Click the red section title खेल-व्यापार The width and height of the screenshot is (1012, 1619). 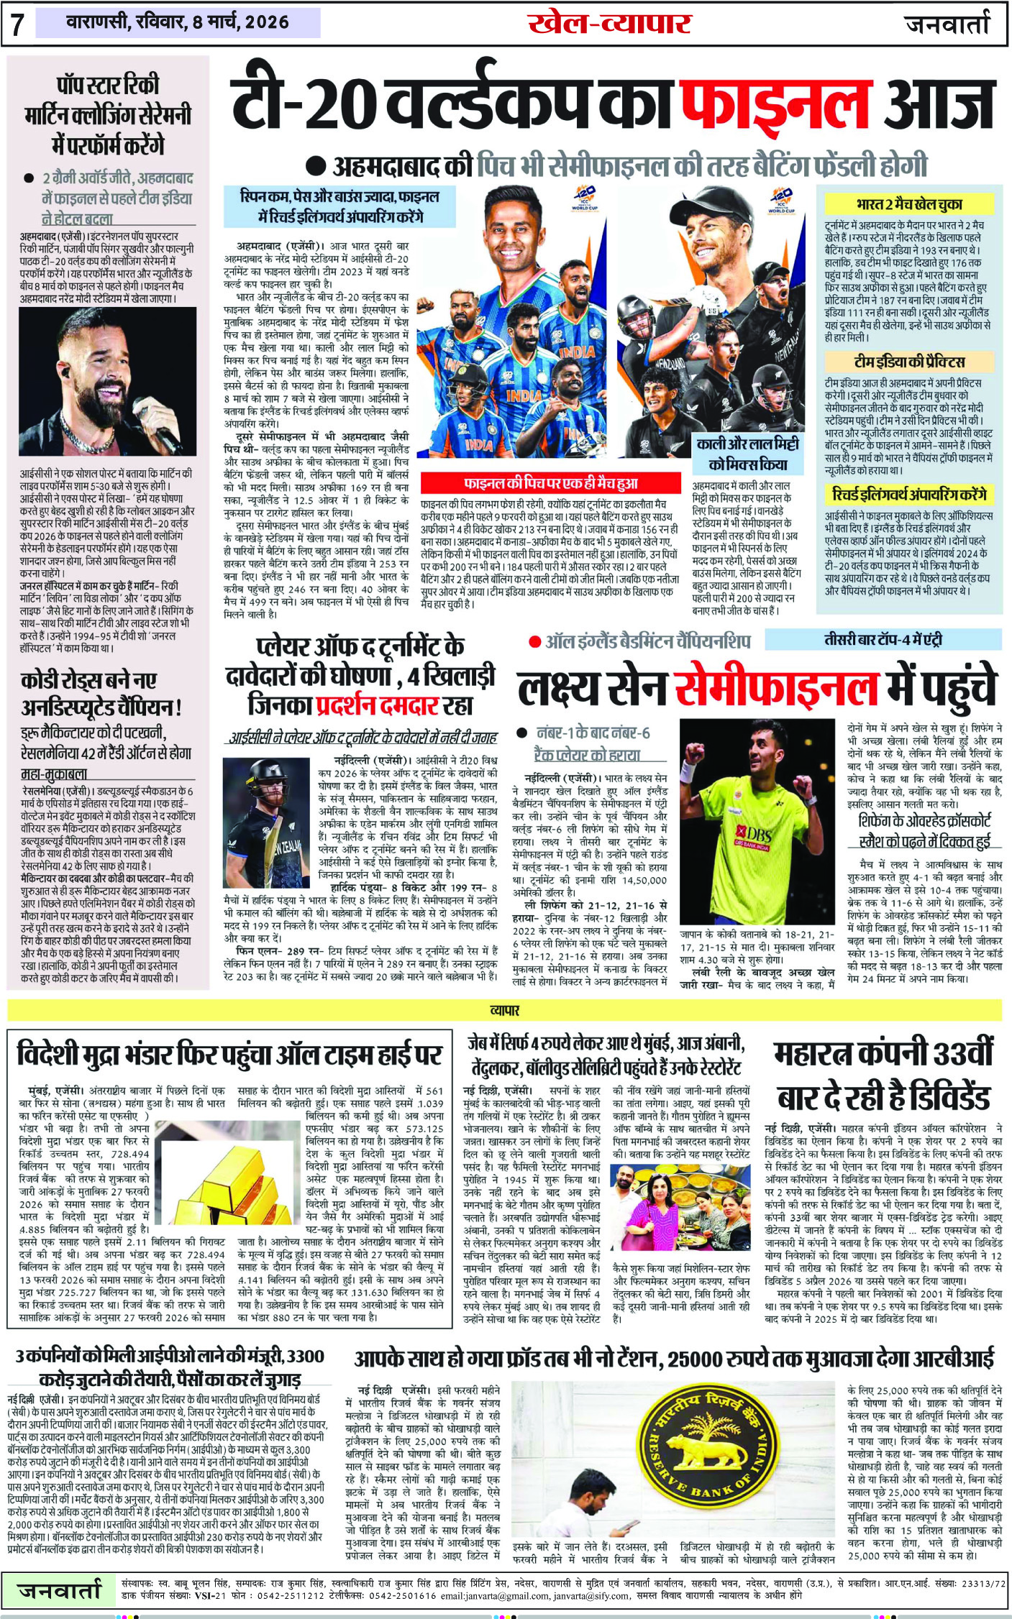coord(609,24)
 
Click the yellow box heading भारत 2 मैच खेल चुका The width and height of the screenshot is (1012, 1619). coord(909,204)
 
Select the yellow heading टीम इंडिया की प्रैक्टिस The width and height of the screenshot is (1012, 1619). coord(909,361)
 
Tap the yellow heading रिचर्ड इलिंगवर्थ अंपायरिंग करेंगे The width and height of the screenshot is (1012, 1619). coord(909,494)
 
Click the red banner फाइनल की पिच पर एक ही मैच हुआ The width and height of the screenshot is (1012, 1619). coord(550,482)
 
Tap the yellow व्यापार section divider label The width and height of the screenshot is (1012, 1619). coord(505,1010)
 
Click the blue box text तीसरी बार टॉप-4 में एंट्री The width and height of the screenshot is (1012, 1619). coord(883,639)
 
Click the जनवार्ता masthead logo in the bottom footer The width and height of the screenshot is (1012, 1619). coord(60,1591)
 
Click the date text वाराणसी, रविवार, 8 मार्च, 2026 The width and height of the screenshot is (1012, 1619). coord(177,23)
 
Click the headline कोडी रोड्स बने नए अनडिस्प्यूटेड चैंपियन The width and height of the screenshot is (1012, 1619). coord(101,693)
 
